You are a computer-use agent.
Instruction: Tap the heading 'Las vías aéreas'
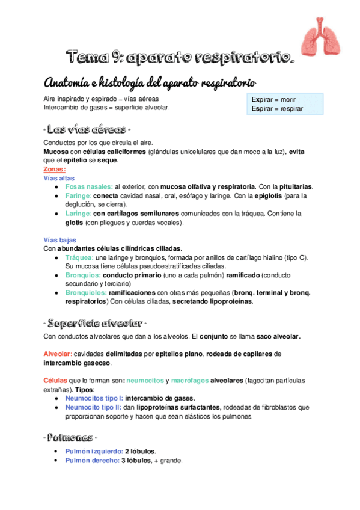(x=87, y=129)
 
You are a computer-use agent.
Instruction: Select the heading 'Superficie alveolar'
(x=96, y=319)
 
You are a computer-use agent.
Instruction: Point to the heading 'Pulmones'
(x=71, y=436)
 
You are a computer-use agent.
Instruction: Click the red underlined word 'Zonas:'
(x=55, y=170)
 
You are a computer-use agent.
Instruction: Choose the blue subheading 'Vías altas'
(x=59, y=178)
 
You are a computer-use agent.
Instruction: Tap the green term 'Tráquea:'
(x=81, y=257)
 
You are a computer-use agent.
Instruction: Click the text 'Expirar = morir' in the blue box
(x=273, y=99)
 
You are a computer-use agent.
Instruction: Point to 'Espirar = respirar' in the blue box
(x=276, y=109)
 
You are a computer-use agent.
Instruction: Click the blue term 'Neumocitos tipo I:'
(x=97, y=398)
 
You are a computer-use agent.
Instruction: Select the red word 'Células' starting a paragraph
(x=55, y=381)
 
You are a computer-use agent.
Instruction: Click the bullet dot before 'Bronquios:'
(x=56, y=275)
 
